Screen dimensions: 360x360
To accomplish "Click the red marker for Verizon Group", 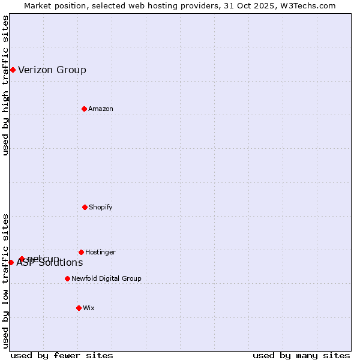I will (13, 70).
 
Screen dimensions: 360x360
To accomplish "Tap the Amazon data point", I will (85, 109).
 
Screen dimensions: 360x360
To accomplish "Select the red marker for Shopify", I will (85, 207).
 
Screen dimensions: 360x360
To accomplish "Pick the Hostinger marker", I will (81, 252).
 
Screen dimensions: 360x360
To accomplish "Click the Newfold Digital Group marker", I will (67, 278).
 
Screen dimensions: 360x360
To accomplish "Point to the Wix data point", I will (79, 308).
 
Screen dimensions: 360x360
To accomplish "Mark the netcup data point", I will (22, 259).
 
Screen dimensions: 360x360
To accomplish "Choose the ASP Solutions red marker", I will (11, 262).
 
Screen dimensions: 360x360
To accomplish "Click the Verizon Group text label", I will (52, 70).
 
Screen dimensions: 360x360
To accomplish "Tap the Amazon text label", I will (101, 109).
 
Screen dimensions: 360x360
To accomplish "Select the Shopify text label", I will (101, 207).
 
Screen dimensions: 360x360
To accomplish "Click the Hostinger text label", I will (100, 252).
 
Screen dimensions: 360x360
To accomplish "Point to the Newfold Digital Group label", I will (106, 278).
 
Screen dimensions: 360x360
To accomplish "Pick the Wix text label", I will (89, 308).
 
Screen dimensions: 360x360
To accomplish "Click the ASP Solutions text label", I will (50, 263).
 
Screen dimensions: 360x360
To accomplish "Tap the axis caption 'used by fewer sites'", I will (62, 355).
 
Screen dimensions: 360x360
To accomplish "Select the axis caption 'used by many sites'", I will (301, 355).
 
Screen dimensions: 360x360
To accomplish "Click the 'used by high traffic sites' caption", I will (5, 85).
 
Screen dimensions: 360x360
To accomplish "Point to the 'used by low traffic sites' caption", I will (5, 281).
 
